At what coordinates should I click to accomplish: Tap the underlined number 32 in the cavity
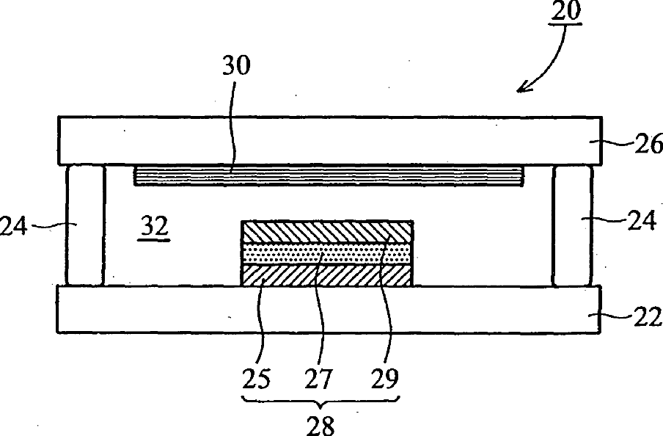[155, 229]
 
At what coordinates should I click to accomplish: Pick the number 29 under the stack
[384, 379]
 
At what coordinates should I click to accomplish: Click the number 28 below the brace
[320, 424]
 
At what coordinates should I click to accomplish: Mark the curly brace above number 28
[320, 402]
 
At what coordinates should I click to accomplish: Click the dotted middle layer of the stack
[326, 254]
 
